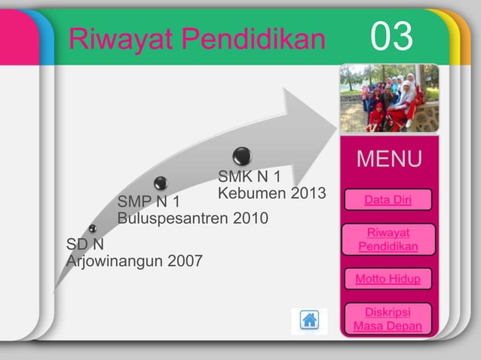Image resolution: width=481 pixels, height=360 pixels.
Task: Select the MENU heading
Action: coord(389,160)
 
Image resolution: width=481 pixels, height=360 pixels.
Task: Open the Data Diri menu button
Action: coord(388,200)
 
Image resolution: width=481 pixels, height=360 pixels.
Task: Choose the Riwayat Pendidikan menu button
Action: coord(388,240)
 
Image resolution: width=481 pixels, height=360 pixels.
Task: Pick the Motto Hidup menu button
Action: coord(388,279)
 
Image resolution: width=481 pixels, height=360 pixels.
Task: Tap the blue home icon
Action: coord(309,319)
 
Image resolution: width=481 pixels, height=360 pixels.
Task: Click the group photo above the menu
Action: coord(388,98)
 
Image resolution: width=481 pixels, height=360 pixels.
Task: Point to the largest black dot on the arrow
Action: coord(242,156)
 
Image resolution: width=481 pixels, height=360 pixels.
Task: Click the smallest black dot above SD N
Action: coord(92,228)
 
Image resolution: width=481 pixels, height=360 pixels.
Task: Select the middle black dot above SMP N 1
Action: coord(161,183)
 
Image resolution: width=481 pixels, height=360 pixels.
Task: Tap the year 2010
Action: coord(250,219)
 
